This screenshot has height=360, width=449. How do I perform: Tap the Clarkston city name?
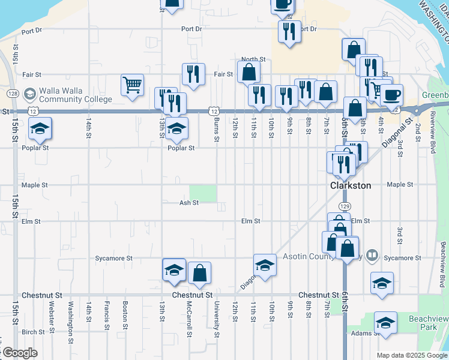351,185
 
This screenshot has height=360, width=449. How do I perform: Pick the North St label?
253,60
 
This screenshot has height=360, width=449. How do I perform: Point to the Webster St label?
52,314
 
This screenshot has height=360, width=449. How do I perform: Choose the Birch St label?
33,332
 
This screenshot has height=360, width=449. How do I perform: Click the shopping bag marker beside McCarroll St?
199,274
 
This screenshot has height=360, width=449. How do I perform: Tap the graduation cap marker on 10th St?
265,265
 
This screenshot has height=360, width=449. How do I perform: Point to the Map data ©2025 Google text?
411,355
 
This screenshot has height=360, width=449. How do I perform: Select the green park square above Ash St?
203,193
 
